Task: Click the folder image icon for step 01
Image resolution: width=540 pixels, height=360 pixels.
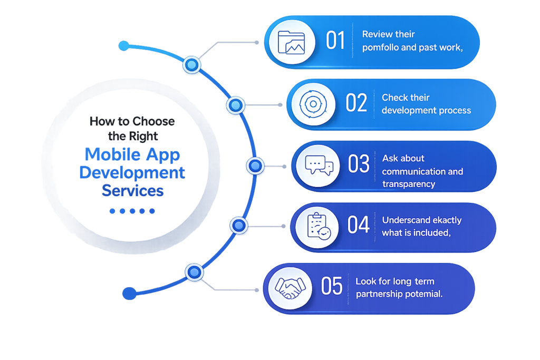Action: click(x=291, y=42)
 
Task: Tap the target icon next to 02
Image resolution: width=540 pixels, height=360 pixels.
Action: click(x=313, y=104)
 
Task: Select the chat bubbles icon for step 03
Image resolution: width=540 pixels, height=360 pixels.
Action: click(x=319, y=165)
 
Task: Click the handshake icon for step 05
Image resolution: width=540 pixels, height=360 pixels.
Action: click(x=290, y=288)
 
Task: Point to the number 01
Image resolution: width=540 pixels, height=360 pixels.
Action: click(x=335, y=40)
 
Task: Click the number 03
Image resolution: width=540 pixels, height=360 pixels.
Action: click(x=358, y=163)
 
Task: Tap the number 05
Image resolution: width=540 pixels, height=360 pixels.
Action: click(x=332, y=286)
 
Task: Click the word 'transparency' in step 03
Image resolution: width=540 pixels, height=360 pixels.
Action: click(x=409, y=184)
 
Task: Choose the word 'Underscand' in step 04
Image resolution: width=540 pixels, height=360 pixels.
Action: click(x=401, y=220)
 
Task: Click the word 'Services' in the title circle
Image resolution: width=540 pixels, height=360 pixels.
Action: click(x=132, y=190)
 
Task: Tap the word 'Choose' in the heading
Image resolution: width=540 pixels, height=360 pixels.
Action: click(x=153, y=121)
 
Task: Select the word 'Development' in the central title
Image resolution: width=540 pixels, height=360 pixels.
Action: click(x=132, y=172)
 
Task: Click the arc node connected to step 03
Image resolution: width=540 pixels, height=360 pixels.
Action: click(x=255, y=166)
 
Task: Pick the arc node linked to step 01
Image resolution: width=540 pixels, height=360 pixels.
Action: click(x=191, y=65)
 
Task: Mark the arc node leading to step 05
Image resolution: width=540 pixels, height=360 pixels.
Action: click(x=194, y=272)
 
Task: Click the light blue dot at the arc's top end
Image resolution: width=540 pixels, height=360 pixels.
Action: click(x=123, y=45)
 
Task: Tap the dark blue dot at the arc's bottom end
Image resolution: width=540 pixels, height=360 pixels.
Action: click(x=130, y=293)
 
